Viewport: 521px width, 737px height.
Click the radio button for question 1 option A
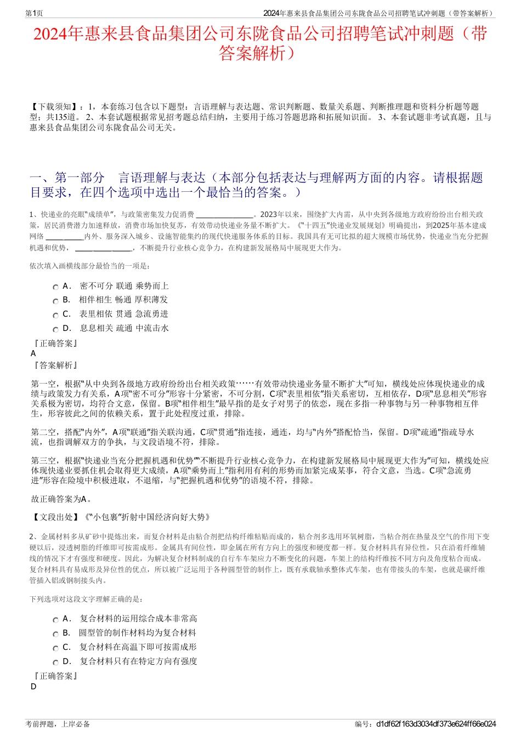[x=55, y=287]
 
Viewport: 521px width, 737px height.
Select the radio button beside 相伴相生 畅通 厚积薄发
[x=55, y=301]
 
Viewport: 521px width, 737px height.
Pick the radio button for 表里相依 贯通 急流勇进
[x=55, y=315]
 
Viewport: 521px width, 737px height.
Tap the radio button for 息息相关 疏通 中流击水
[x=55, y=329]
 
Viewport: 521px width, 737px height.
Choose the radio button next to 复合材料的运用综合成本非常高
[x=55, y=620]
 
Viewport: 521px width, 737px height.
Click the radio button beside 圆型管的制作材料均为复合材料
[x=55, y=634]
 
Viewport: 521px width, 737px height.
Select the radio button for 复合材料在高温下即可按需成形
[x=55, y=648]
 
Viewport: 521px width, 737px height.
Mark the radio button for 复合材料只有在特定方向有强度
[x=55, y=662]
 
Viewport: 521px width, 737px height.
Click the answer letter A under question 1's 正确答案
[x=33, y=353]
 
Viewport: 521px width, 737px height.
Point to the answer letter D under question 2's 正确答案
[x=33, y=687]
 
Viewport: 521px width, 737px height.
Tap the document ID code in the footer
[x=436, y=724]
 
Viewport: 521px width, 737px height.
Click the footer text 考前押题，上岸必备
[x=58, y=724]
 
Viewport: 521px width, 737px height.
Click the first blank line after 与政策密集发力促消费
[x=224, y=214]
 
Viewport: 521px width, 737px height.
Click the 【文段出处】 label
[x=54, y=517]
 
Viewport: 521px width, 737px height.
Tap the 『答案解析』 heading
[x=54, y=365]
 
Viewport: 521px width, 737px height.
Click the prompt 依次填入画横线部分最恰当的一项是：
[x=89, y=266]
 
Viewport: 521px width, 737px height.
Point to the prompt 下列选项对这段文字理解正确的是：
[x=86, y=599]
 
